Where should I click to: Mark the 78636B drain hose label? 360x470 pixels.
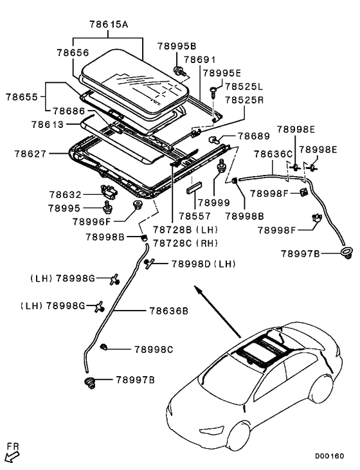(x=168, y=311)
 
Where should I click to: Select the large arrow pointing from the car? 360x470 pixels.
(x=219, y=315)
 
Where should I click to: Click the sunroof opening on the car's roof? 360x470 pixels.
(x=256, y=350)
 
